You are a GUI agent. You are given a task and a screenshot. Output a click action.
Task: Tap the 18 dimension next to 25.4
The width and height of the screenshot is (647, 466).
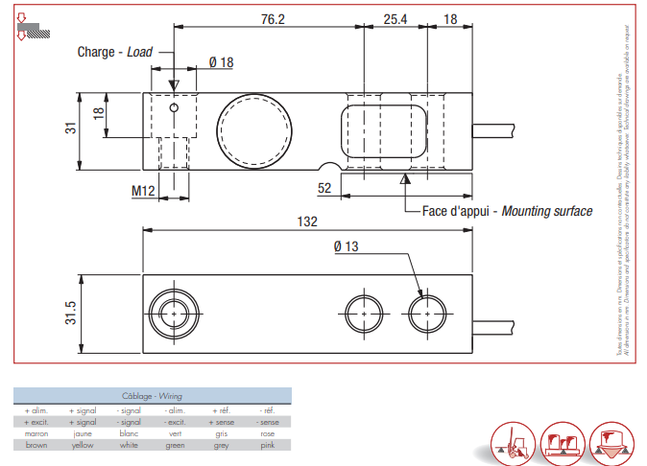[x=451, y=18]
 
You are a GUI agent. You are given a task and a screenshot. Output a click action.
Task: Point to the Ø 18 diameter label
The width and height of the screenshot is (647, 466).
[x=221, y=62]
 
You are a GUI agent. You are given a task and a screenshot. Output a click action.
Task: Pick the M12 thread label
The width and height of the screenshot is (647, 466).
[x=143, y=191]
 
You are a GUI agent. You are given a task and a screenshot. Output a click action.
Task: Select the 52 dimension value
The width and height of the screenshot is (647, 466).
[x=324, y=189]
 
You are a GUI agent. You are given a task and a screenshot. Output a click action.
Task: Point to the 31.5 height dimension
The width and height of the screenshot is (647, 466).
[x=70, y=314]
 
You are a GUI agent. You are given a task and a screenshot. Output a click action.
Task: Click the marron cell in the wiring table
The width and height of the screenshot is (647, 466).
[x=36, y=433]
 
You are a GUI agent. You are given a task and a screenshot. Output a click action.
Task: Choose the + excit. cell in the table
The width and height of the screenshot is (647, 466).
[x=36, y=422]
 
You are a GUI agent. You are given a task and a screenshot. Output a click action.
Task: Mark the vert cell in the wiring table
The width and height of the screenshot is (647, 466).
[x=175, y=433]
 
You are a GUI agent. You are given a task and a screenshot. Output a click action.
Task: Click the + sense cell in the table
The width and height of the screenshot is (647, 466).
[x=221, y=422]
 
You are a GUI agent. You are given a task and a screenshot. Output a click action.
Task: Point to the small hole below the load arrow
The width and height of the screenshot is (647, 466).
[x=174, y=108]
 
